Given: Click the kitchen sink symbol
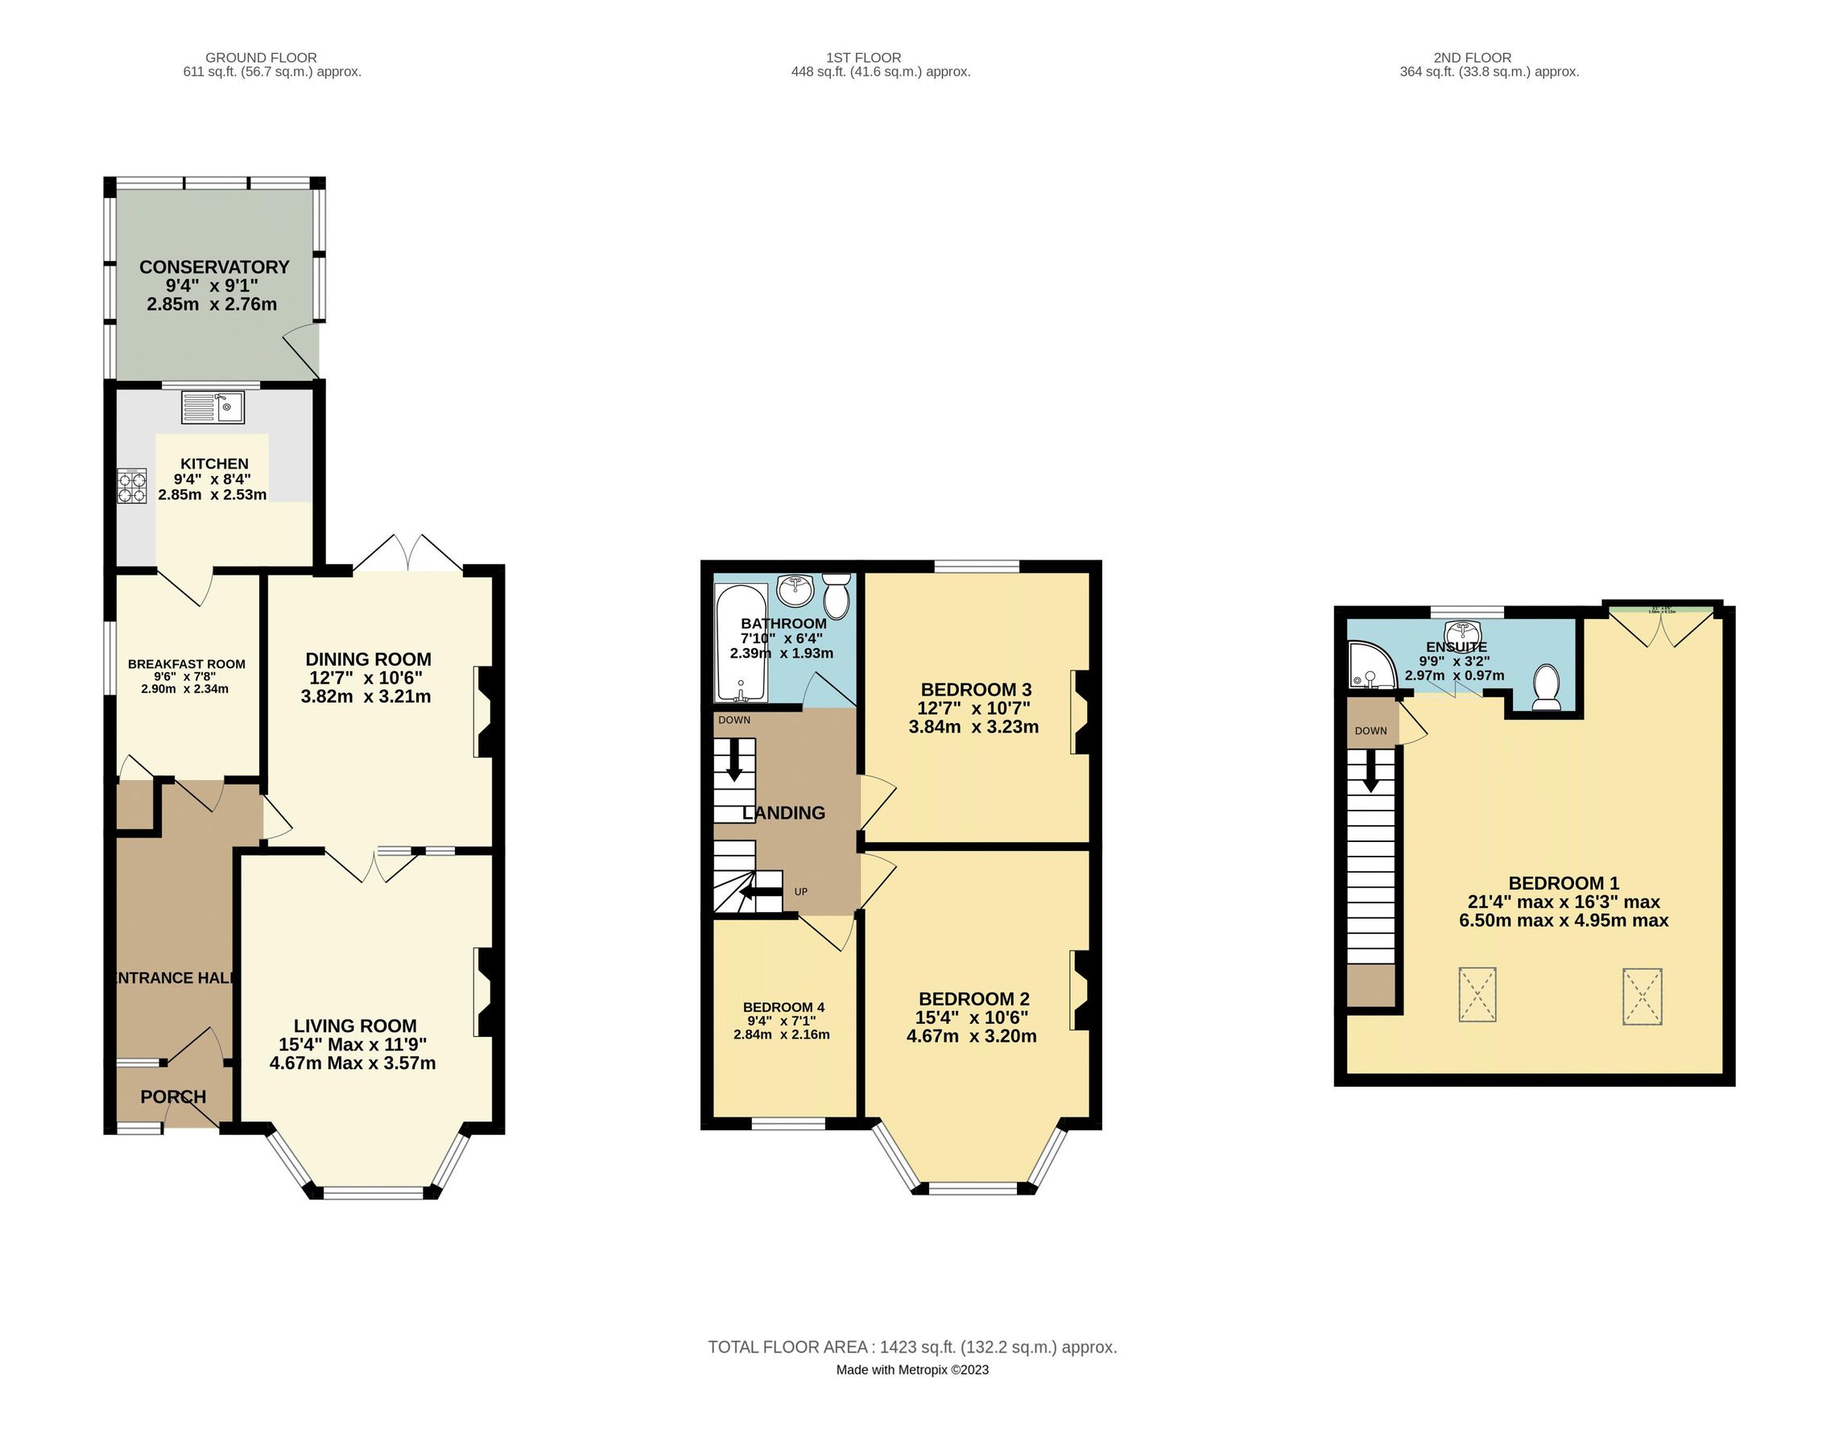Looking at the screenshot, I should pos(212,407).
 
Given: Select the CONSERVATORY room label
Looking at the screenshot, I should pos(214,266).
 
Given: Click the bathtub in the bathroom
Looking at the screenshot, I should pos(741,642).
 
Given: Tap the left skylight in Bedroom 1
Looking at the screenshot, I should pos(1477,994).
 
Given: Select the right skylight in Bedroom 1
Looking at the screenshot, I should pos(1641,996).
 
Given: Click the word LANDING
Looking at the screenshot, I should pos(783,813).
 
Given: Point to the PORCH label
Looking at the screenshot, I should pos(173,1096).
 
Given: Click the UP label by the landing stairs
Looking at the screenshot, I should pos(800,892).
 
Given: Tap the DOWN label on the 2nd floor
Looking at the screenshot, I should pos(1370,730).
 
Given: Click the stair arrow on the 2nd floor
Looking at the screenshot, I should pos(1370,773).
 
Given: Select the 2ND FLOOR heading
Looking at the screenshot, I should pos(1472,58).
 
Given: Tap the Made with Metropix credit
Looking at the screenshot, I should pos(911,1369).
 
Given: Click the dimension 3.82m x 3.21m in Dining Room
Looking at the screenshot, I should pos(365,696).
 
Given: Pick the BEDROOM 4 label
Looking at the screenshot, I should pos(783,1007).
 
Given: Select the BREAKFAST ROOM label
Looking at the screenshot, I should pos(186,664).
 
